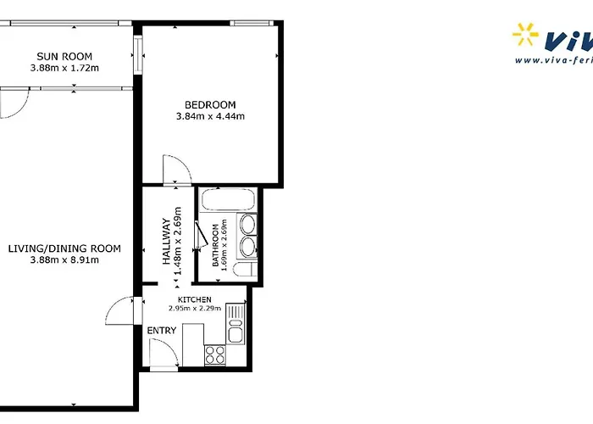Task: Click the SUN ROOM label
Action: coord(64,57)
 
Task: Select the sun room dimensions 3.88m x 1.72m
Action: coord(64,68)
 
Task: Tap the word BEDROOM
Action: coord(209,105)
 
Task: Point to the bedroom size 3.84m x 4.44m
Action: coord(209,116)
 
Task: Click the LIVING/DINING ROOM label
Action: coord(64,248)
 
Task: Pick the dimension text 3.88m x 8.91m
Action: coord(64,259)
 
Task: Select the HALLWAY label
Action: coord(167,242)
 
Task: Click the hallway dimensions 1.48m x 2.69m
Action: coord(178,242)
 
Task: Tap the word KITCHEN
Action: coord(195,300)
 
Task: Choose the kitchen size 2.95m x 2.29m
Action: coord(195,309)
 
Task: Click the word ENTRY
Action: coord(162,330)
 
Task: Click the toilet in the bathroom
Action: coord(244,271)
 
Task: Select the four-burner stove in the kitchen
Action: coord(215,355)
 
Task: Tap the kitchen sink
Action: coord(238,322)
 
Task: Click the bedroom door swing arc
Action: coord(177,168)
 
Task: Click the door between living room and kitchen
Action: coord(119,311)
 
